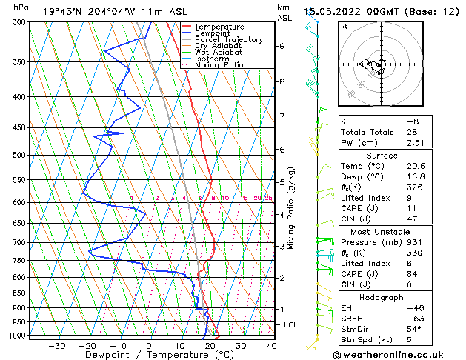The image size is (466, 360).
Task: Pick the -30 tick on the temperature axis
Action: point(56,346)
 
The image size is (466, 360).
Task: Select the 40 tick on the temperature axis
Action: point(271,346)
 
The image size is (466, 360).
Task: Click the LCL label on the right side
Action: point(291,325)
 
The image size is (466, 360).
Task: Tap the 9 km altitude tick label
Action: point(282,46)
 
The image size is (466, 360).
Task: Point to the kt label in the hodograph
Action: point(344,27)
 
